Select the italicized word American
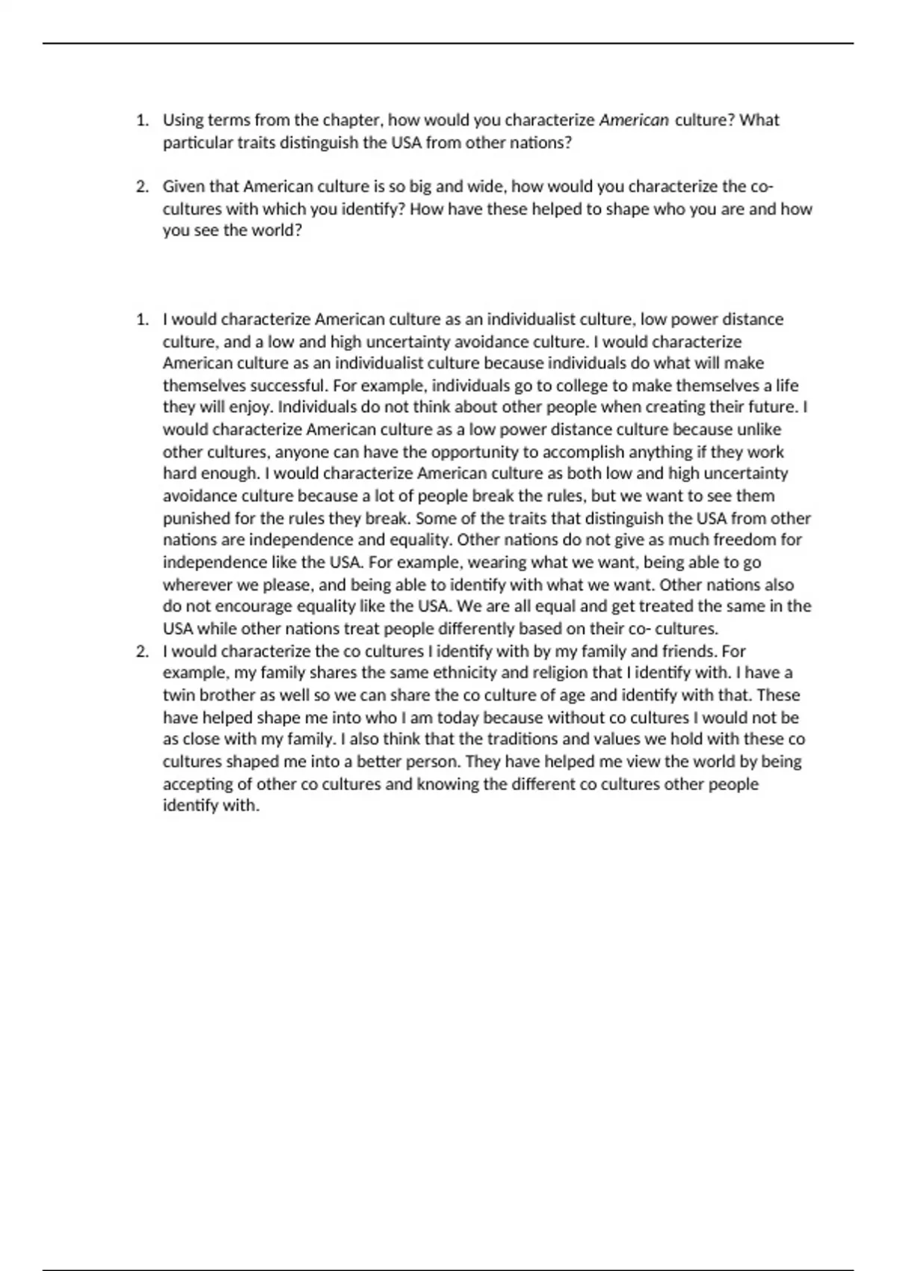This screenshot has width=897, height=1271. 634,120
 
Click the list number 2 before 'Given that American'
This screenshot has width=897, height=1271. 142,186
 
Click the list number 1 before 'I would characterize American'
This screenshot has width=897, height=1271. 142,319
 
